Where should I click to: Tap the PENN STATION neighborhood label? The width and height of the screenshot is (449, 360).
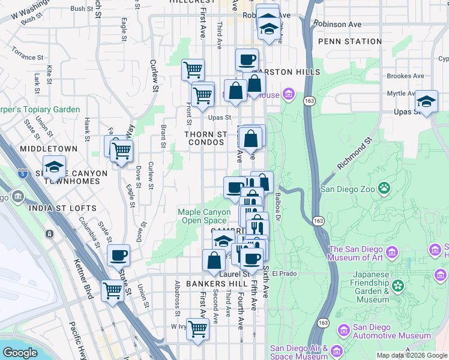tap(349, 41)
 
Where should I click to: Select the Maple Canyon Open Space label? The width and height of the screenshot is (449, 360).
tap(204, 216)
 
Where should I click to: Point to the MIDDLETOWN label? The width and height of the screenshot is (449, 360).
tap(49, 148)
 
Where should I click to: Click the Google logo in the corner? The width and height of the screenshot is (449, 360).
tap(19, 352)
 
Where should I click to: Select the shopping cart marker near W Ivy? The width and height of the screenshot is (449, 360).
tap(197, 329)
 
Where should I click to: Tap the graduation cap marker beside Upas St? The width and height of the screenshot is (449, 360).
tap(426, 101)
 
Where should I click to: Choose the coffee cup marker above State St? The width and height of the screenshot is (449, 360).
tap(118, 256)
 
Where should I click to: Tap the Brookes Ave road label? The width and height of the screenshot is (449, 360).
tap(406, 76)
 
